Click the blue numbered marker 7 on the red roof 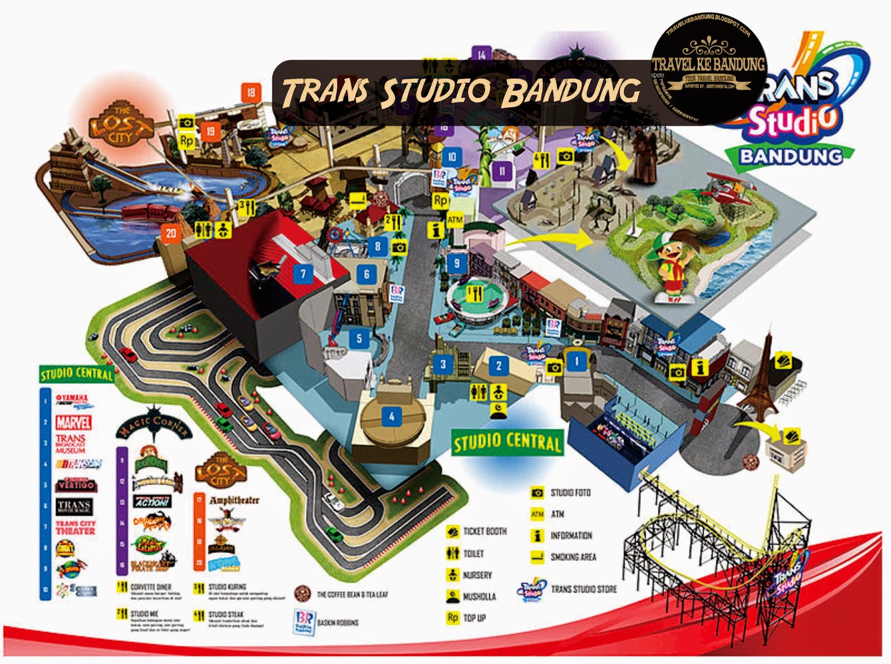tap(303, 274)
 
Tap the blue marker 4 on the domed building tap(392, 416)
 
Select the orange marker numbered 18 tap(251, 92)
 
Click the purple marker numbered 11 tap(502, 170)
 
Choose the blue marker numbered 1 tap(576, 361)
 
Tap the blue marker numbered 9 tap(457, 263)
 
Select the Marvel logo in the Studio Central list tap(74, 422)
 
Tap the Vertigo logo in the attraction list tap(76, 485)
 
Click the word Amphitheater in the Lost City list tap(234, 500)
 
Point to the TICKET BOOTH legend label tap(485, 532)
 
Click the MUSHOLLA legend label tap(479, 597)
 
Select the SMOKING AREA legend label tap(573, 557)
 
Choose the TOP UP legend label tap(474, 618)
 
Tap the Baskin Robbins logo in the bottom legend tap(304, 622)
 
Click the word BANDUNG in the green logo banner tap(790, 156)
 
